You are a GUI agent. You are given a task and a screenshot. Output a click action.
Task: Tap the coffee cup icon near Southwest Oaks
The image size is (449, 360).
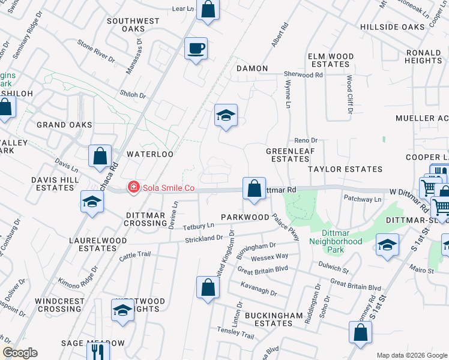click(196, 49)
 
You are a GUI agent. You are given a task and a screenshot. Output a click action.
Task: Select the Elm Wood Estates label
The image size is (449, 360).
click(330, 60)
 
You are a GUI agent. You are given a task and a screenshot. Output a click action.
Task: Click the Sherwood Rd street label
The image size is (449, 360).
click(303, 75)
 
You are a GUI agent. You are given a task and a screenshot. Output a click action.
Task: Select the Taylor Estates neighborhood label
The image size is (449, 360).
click(345, 169)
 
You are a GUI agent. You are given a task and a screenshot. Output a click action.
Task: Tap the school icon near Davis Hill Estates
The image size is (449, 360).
click(92, 202)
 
